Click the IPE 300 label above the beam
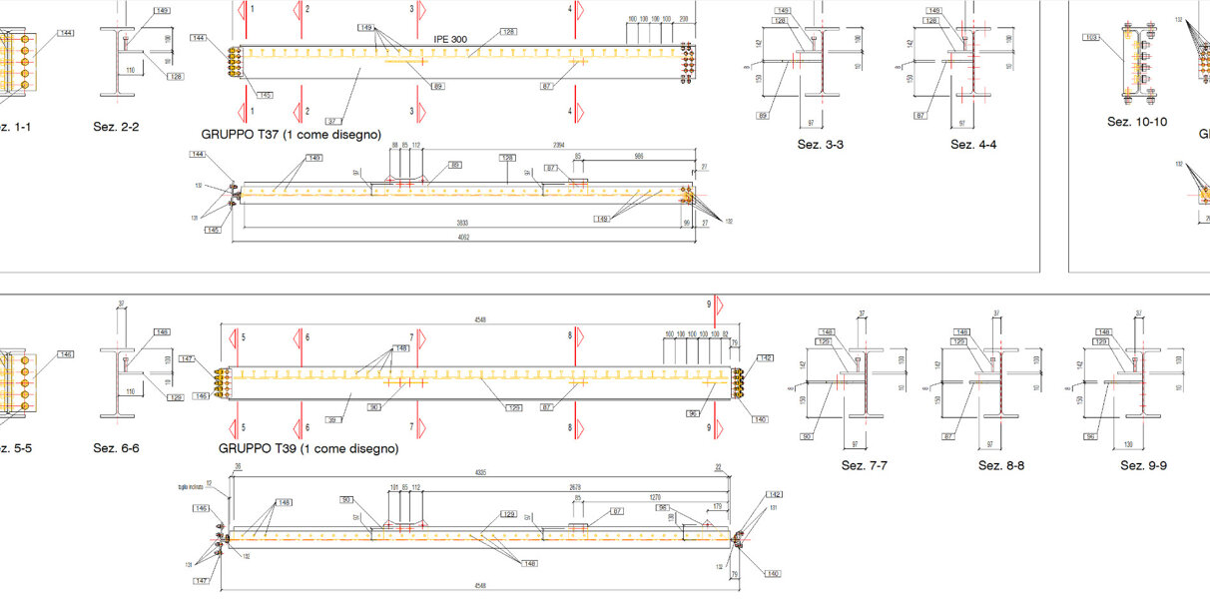click(x=449, y=39)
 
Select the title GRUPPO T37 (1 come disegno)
click(x=291, y=133)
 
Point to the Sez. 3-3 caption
click(x=821, y=145)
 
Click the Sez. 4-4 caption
click(x=973, y=145)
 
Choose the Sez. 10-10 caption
click(x=1137, y=121)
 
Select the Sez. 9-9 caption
click(x=1143, y=465)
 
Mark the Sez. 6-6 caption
click(x=116, y=448)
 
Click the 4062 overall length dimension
click(x=462, y=238)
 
